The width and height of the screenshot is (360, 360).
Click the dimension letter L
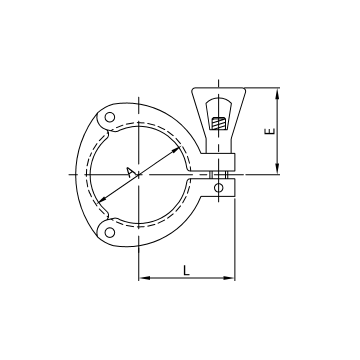[187, 267]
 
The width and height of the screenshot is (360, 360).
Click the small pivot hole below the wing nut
[220, 185]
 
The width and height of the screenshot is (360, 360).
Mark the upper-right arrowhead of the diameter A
[181, 148]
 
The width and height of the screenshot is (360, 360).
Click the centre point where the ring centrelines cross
[140, 176]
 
